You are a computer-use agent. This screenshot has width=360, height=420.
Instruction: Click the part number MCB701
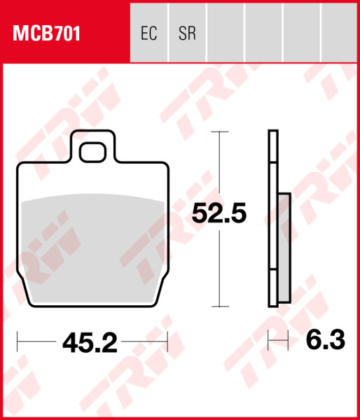coord(46,34)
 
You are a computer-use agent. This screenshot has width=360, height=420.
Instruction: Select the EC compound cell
coord(148,33)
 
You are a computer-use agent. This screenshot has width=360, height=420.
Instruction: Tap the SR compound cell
coord(187,33)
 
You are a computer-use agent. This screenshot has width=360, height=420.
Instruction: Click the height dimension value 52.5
coord(219,213)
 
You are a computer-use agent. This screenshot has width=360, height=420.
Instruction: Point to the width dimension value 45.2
coord(90,342)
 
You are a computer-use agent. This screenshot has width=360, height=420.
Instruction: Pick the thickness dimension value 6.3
coord(326,340)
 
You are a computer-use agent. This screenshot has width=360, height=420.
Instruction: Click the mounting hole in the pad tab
coord(92,153)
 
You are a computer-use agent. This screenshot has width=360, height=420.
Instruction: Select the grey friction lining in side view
coord(284,248)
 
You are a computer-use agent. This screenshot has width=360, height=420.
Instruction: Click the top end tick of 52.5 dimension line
coord(220,132)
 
